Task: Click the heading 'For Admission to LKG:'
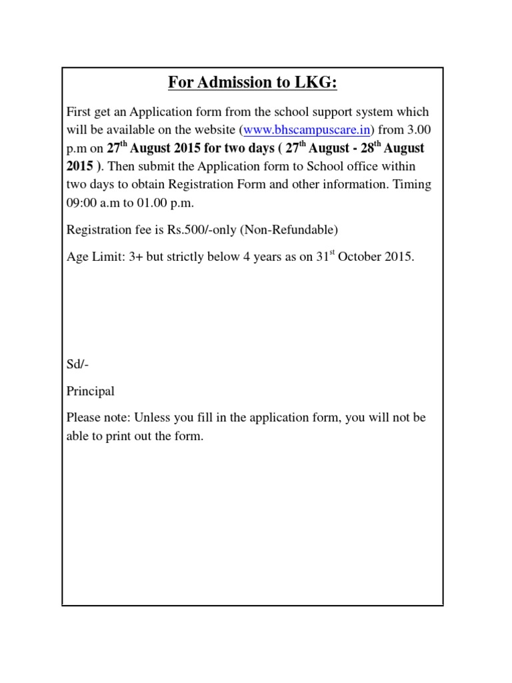click(x=253, y=83)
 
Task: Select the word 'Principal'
click(x=91, y=392)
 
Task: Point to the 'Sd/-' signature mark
click(x=77, y=365)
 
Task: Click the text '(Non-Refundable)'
click(x=290, y=230)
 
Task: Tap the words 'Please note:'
click(x=98, y=418)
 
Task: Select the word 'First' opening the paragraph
click(x=79, y=111)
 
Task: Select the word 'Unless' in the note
click(x=153, y=418)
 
